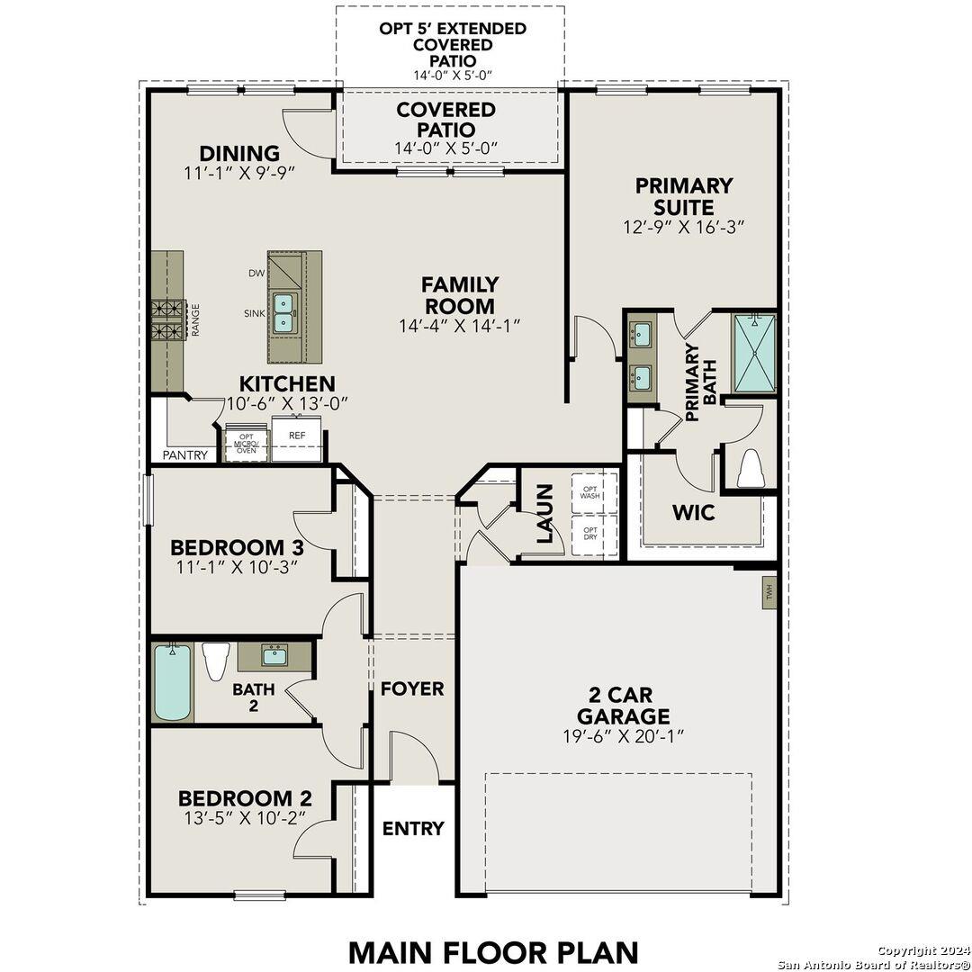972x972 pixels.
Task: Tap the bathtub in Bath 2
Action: (172, 681)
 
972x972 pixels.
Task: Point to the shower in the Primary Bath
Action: (754, 352)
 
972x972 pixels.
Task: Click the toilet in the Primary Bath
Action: (750, 468)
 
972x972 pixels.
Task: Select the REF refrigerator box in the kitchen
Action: (296, 435)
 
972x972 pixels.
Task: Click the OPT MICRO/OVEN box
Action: (247, 443)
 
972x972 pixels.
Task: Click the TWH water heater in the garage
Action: (769, 592)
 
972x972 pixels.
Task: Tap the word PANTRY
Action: (184, 455)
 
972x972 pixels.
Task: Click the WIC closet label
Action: (694, 513)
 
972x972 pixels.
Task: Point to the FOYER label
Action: (412, 688)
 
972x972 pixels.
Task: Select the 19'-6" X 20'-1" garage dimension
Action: (622, 736)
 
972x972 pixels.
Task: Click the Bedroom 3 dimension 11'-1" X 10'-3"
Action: (237, 567)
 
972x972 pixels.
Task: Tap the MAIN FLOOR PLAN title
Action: (493, 951)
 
